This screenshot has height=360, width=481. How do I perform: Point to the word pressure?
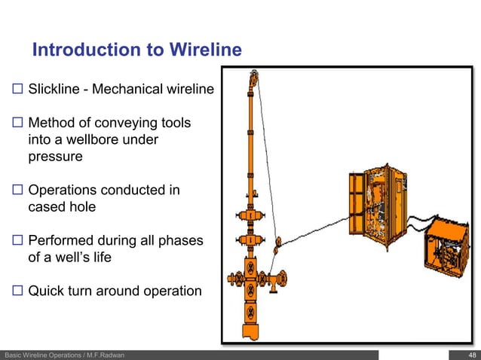[x=55, y=157]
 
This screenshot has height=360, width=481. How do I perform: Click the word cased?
[x=47, y=207]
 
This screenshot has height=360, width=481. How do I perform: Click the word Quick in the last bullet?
[x=46, y=290]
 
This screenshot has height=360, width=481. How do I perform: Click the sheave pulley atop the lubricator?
[x=256, y=78]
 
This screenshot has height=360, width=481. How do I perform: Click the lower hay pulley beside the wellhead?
[x=277, y=243]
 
